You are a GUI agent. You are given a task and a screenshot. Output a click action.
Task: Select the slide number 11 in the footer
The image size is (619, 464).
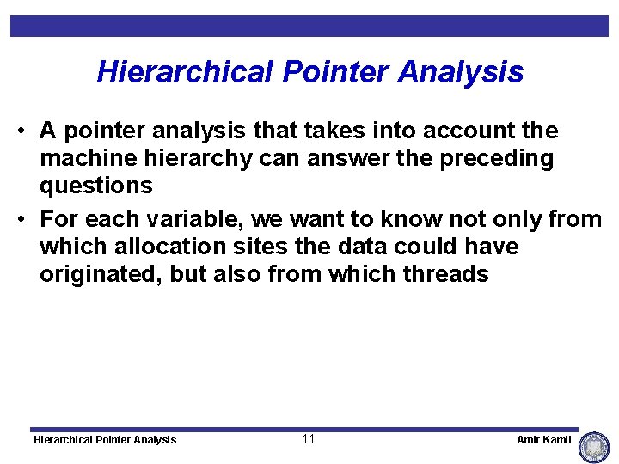tap(309, 439)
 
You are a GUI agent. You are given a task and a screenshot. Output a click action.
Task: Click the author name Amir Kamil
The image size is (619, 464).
tap(543, 440)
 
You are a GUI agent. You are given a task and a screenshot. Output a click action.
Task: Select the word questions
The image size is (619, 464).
tap(96, 186)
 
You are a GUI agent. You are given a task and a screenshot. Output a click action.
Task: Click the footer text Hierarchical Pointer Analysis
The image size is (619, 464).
tap(104, 440)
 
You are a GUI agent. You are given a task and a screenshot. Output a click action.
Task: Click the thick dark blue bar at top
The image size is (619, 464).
tap(309, 26)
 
